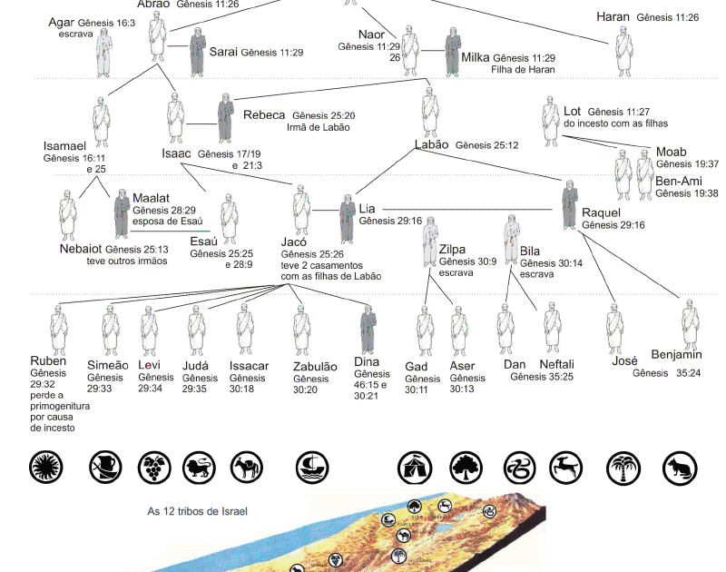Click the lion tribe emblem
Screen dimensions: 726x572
[x=200, y=468]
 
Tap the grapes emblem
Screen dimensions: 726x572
[x=152, y=468]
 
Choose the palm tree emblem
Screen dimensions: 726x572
[x=624, y=468]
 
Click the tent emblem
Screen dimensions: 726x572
[x=414, y=468]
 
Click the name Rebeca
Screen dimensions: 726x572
[x=264, y=115]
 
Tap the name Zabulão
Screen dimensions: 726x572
[x=315, y=367]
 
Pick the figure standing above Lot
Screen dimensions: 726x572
[x=551, y=123]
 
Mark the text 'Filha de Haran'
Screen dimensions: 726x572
[x=523, y=69]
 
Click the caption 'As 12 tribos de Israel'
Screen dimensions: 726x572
[x=197, y=511]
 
